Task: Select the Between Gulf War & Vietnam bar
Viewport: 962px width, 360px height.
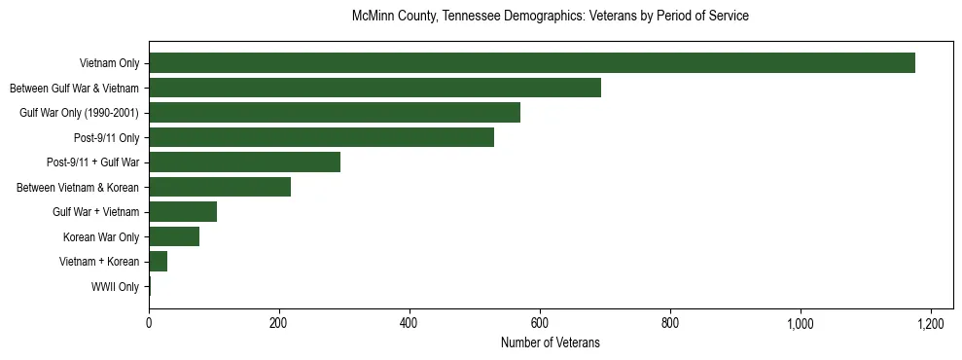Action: tap(374, 88)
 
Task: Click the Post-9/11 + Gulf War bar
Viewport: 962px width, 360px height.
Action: tap(244, 162)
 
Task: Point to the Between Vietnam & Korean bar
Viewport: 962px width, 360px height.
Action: tap(220, 187)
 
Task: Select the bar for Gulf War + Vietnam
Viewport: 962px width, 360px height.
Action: tap(183, 212)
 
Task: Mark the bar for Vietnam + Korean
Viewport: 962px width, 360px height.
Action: tap(158, 262)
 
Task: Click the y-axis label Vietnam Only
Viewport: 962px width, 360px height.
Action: tap(109, 64)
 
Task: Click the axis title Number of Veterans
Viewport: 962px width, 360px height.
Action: tap(550, 343)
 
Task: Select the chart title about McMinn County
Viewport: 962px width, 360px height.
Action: tap(550, 17)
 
